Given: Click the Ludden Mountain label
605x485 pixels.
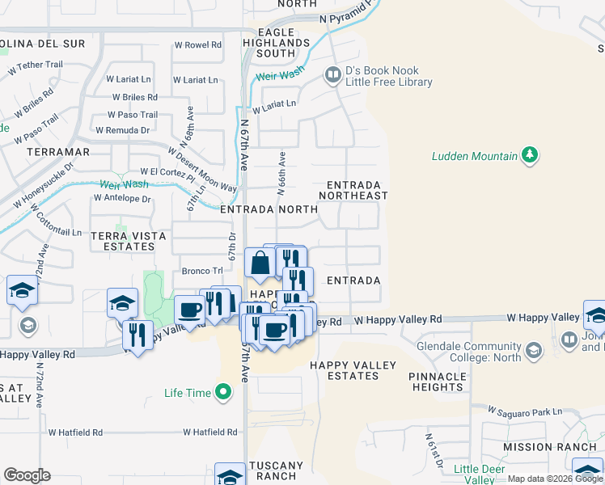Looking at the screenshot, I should click(x=474, y=155).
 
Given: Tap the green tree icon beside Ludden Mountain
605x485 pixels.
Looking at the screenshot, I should click(x=531, y=154).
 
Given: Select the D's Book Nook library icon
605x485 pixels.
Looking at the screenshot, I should click(x=332, y=76).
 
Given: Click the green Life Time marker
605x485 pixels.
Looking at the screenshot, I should click(x=224, y=394).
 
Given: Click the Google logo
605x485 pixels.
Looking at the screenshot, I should click(x=27, y=475).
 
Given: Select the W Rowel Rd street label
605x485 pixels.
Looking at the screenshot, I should click(x=197, y=45).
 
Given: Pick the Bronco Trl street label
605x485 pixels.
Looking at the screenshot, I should click(x=201, y=271).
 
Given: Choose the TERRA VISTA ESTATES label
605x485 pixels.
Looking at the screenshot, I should click(x=129, y=242).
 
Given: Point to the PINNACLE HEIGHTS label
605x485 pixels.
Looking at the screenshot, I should click(x=437, y=382).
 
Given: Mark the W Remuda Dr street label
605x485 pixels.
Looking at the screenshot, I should click(x=123, y=129).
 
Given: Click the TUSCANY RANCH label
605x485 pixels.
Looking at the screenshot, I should click(x=276, y=471).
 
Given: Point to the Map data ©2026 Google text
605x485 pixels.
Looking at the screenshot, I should click(x=554, y=479).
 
